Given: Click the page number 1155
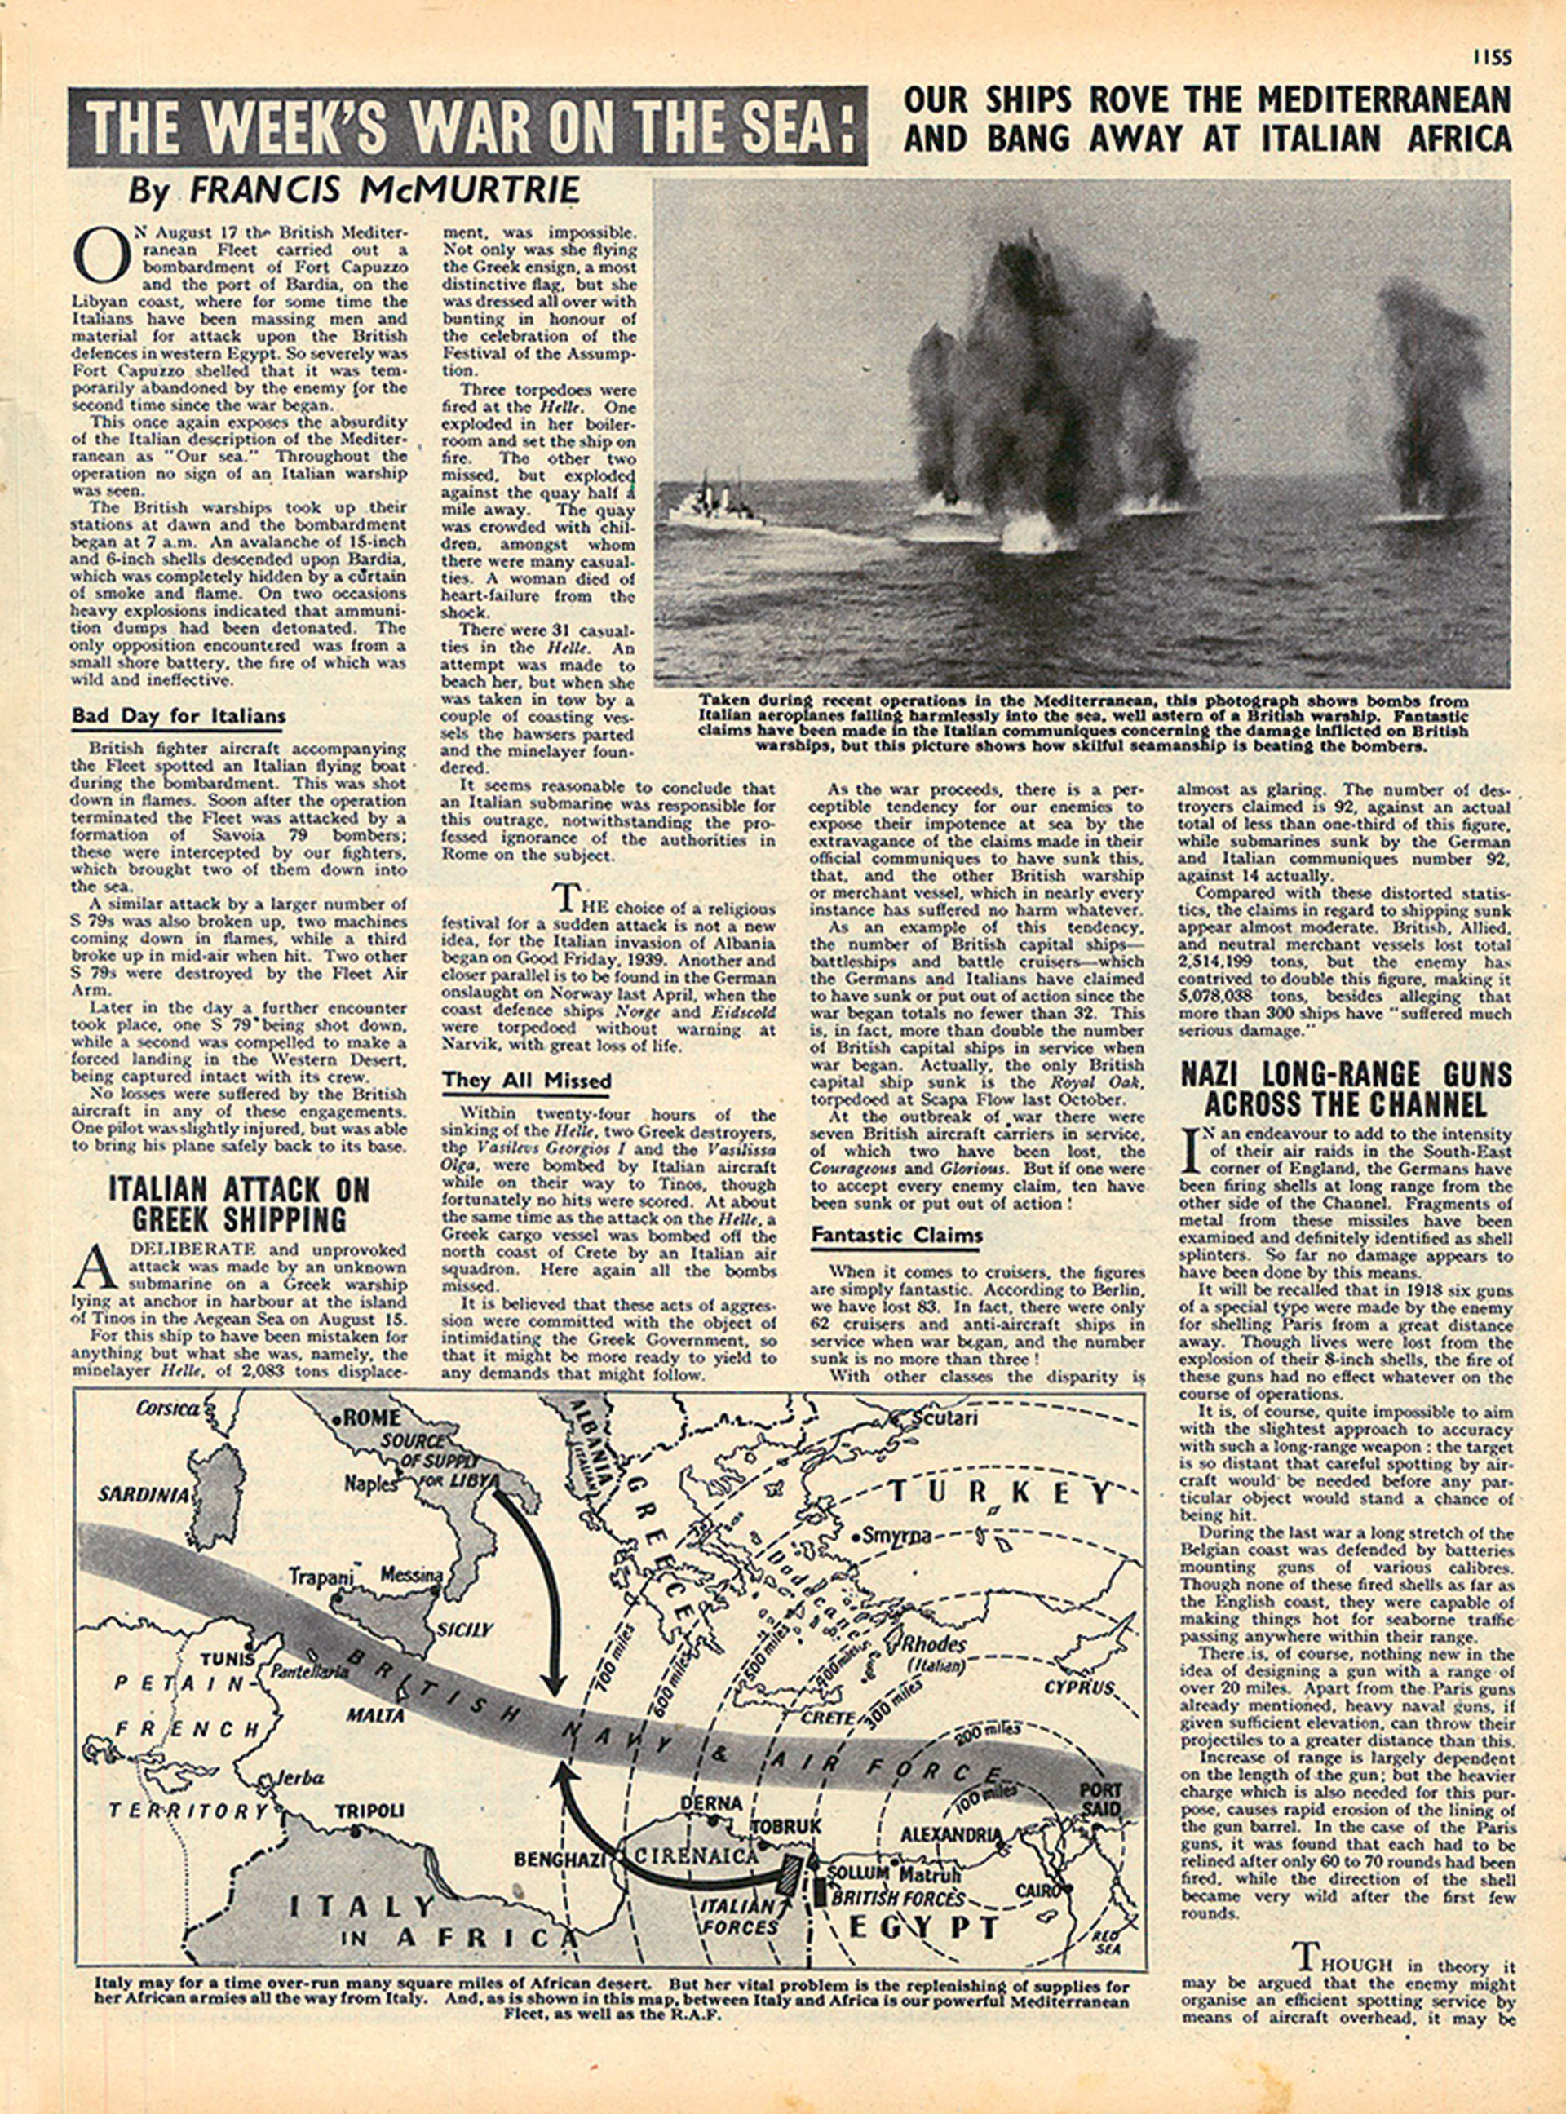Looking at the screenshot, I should [x=1491, y=58].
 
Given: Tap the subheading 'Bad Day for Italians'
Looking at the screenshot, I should [x=178, y=717].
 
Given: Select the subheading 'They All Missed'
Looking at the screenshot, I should [x=527, y=1081].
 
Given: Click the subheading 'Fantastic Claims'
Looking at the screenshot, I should [x=896, y=1236].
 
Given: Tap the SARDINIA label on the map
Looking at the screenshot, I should [x=145, y=1495].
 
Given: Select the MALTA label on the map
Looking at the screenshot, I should [x=374, y=1715].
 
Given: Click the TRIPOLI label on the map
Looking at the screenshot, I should [x=369, y=1811].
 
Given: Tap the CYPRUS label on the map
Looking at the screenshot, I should [x=1080, y=1687].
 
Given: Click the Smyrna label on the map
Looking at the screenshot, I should [x=896, y=1537].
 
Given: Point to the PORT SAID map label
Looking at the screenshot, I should [x=1099, y=1798].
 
